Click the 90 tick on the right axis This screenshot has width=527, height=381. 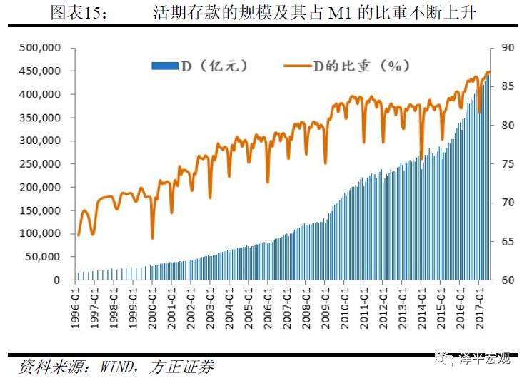(508, 48)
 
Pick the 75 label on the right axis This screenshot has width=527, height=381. (508, 164)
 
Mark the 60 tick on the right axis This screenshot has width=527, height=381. (508, 280)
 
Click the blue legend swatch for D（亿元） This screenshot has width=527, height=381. (164, 66)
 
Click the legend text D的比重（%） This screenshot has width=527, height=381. (361, 66)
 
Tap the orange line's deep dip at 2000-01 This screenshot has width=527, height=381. (152, 238)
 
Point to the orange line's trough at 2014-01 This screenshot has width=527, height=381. (421, 154)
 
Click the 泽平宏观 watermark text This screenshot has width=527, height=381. (486, 359)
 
